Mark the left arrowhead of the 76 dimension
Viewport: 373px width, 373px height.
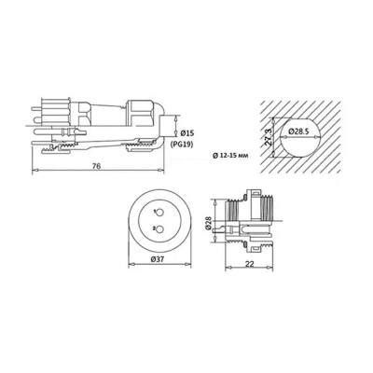[35, 173]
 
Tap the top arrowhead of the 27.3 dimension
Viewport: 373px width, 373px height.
[277, 115]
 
